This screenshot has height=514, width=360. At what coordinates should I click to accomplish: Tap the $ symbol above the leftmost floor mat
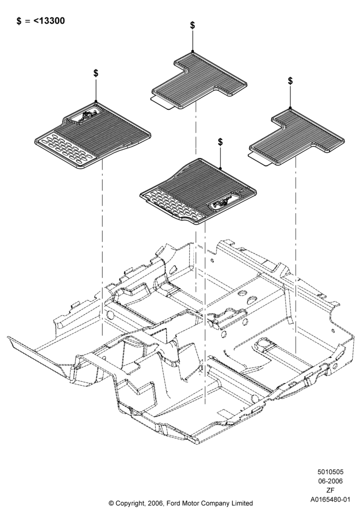coord(96,73)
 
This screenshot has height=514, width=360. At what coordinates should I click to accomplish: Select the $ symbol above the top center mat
coord(192,25)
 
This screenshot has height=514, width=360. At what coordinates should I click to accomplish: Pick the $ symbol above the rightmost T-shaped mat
coord(290,81)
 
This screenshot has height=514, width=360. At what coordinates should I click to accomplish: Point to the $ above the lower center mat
coord(220,142)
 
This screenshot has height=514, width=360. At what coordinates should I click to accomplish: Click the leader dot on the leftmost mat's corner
coord(96,101)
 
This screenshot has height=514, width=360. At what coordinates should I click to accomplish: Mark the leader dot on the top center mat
coord(192,52)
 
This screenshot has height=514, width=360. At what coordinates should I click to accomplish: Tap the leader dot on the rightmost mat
coord(290,107)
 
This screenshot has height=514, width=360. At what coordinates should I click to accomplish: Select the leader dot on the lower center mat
coord(220,168)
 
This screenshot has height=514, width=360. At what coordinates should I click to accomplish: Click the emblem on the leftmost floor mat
coord(85,116)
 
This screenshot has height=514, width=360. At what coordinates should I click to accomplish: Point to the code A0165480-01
coord(331,500)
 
